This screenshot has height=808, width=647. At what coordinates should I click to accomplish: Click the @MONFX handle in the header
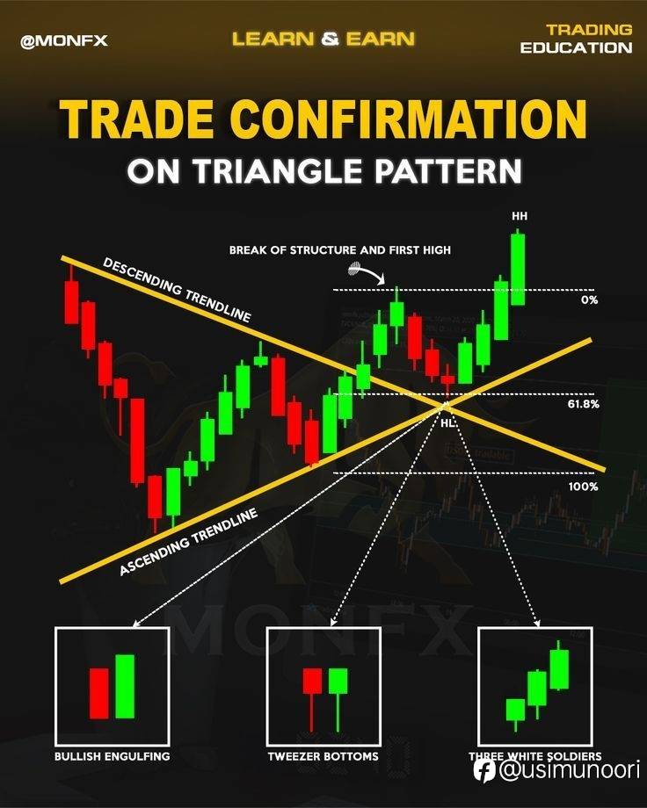(x=64, y=40)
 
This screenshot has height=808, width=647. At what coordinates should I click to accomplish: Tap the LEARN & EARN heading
(x=323, y=40)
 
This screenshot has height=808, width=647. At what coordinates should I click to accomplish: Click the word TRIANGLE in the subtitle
(x=278, y=170)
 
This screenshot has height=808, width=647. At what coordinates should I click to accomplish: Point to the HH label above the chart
(x=520, y=216)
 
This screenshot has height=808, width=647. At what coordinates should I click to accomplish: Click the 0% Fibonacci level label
(x=589, y=299)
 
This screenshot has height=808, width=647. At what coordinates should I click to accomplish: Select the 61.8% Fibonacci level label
(x=584, y=404)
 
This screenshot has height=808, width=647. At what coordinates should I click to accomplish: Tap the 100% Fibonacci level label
(x=584, y=487)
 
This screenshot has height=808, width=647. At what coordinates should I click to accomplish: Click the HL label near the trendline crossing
(x=447, y=423)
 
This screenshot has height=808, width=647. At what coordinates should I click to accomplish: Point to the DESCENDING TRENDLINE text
(x=177, y=290)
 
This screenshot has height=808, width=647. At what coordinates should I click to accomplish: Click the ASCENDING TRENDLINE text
(x=188, y=542)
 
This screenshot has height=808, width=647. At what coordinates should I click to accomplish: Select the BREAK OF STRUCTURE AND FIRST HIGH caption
(x=340, y=250)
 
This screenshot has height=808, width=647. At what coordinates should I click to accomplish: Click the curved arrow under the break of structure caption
(x=367, y=271)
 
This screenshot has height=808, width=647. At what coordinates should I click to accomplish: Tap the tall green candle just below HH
(x=518, y=269)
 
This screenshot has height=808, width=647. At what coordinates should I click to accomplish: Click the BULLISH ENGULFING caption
(x=113, y=756)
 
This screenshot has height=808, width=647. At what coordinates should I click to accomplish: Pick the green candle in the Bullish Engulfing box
(x=125, y=687)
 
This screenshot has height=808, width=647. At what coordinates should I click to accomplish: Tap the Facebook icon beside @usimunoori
(x=485, y=771)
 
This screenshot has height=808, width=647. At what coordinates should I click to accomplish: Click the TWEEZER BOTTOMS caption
(x=323, y=756)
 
